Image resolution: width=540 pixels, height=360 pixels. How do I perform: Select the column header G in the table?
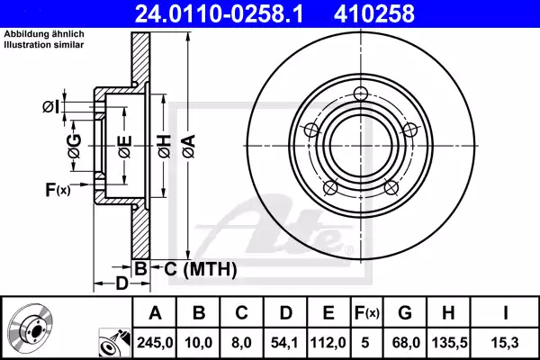click(405, 313)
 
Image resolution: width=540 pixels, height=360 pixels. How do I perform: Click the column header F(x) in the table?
click(368, 313)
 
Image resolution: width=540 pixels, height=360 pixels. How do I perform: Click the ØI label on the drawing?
click(51, 107)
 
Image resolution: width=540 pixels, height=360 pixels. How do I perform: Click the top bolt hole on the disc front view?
click(362, 94)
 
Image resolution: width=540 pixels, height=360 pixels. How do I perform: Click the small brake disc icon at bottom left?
click(30, 328)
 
